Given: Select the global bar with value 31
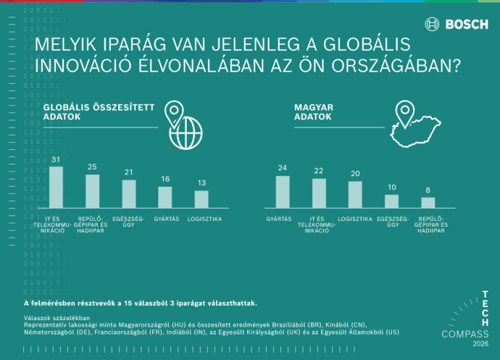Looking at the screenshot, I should (x=56, y=188).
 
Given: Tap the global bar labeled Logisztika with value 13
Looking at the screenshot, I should (x=201, y=199).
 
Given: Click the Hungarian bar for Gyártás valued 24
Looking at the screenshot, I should (x=283, y=192).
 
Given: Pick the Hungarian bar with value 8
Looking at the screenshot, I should (x=428, y=203).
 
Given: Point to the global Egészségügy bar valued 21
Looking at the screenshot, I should (x=128, y=194).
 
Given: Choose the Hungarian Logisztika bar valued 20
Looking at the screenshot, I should (x=355, y=195).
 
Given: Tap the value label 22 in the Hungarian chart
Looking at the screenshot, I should (x=319, y=172).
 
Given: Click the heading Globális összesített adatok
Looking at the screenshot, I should (x=99, y=112).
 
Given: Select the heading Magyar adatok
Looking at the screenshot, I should (x=313, y=112).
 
